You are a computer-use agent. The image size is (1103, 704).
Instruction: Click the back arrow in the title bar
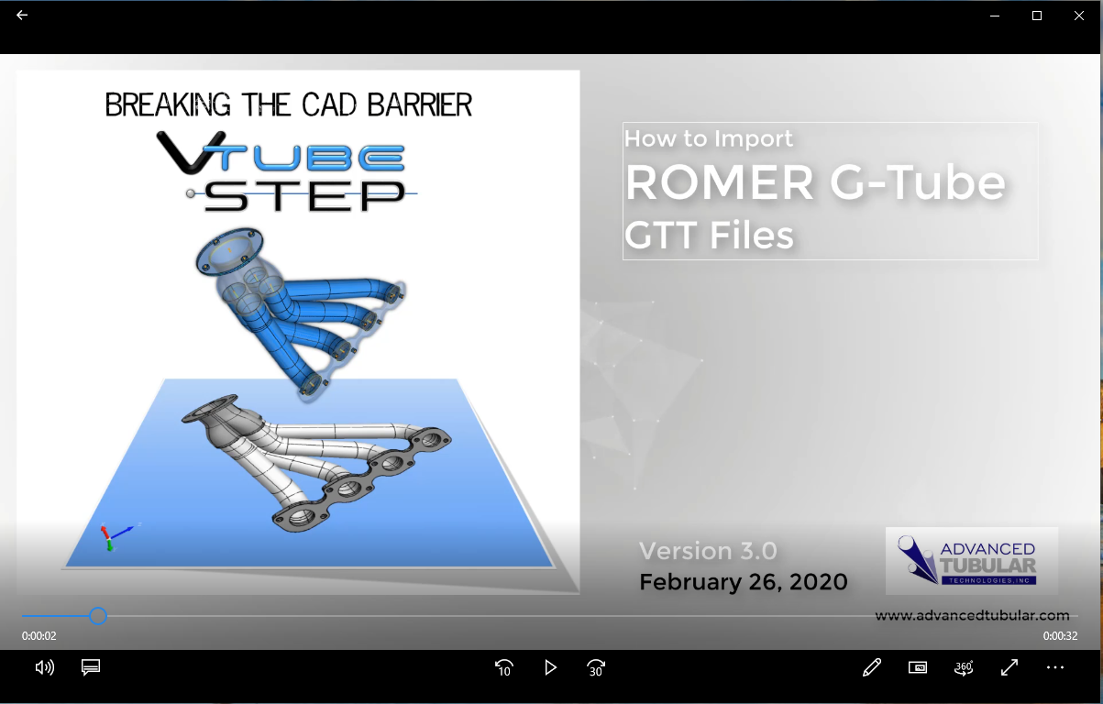(22, 16)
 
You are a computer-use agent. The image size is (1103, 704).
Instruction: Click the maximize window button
(1036, 16)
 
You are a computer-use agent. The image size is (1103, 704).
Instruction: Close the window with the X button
(1079, 16)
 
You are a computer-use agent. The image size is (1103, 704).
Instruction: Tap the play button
(550, 668)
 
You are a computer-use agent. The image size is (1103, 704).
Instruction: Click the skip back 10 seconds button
(504, 668)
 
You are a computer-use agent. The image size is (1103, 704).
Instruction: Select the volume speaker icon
(45, 667)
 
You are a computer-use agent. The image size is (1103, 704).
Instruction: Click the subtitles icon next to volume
(91, 667)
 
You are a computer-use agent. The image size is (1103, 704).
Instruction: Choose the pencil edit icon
(872, 667)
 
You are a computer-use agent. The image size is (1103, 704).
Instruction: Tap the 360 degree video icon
(964, 667)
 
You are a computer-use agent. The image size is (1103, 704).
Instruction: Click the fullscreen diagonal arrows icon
(1009, 667)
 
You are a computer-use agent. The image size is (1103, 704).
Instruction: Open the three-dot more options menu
(1055, 667)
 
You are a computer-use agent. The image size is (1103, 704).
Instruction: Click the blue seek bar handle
(98, 616)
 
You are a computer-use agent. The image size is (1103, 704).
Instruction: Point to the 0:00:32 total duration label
(1060, 636)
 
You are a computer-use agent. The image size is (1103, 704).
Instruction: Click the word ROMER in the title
(719, 182)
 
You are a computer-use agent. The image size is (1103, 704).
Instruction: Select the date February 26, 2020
(744, 582)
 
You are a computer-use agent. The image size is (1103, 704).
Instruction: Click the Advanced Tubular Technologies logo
(972, 561)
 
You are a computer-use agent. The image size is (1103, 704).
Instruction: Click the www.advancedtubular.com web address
(972, 615)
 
